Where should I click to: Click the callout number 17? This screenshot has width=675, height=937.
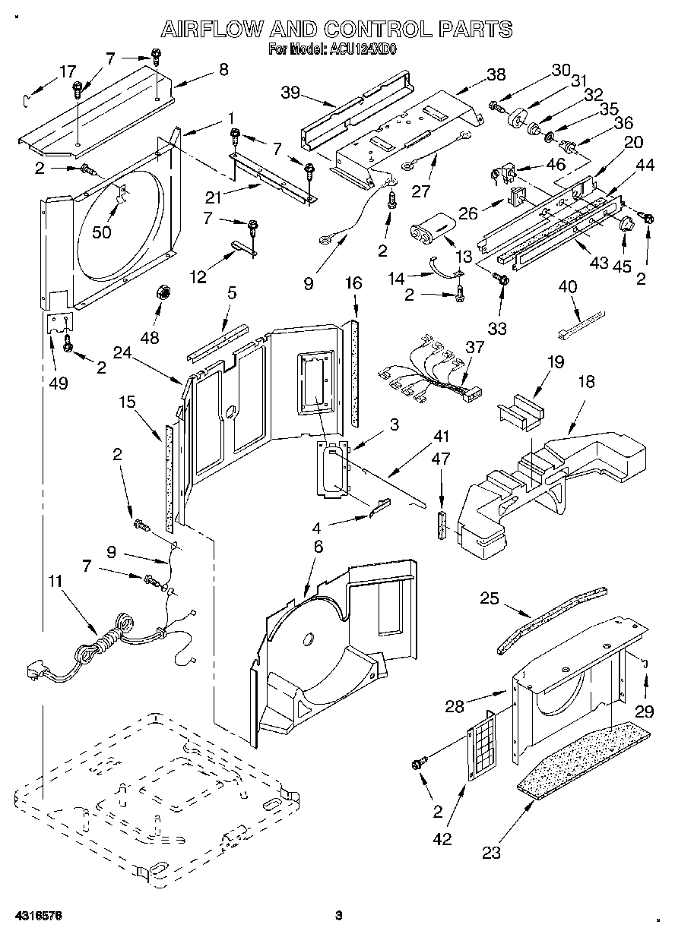click(x=68, y=71)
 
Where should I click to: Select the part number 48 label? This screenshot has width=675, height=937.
click(x=150, y=336)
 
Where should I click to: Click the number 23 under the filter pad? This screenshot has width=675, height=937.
click(x=492, y=853)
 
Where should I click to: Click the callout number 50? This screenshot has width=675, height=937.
click(x=101, y=232)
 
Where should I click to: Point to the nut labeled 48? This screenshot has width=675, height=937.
click(x=161, y=292)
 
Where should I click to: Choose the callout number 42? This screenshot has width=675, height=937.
click(x=442, y=839)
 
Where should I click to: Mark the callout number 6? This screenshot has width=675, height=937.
click(x=318, y=546)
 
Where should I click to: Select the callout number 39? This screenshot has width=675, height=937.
click(x=290, y=93)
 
